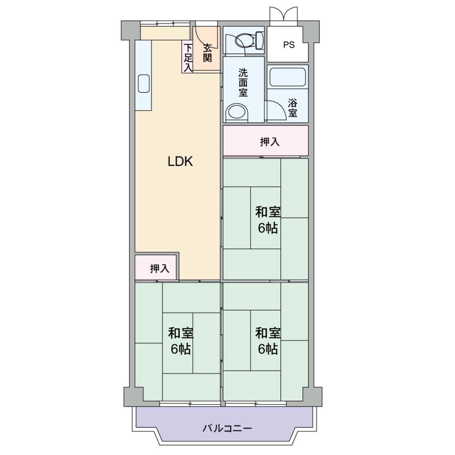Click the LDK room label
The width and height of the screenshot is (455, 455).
[180, 161]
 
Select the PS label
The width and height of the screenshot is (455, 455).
[289, 45]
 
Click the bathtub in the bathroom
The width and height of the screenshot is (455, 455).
[287, 77]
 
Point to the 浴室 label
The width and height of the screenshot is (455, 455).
[292, 108]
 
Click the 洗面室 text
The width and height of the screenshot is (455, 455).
[243, 82]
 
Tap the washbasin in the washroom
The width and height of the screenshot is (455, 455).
[237, 112]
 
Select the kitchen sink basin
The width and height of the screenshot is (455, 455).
[144, 84]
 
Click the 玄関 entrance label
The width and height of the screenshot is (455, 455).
[207, 52]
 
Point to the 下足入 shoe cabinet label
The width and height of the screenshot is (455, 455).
[188, 57]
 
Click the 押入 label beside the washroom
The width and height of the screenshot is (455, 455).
[270, 142]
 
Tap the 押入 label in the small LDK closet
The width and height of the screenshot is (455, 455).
[160, 268]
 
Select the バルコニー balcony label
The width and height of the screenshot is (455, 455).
[227, 428]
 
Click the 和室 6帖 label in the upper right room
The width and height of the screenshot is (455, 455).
[268, 220]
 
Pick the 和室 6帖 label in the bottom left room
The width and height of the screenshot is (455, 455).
[180, 341]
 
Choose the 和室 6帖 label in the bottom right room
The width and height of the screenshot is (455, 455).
[268, 341]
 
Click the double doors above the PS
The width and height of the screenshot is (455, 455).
[283, 14]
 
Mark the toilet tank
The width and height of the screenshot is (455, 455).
[259, 40]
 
